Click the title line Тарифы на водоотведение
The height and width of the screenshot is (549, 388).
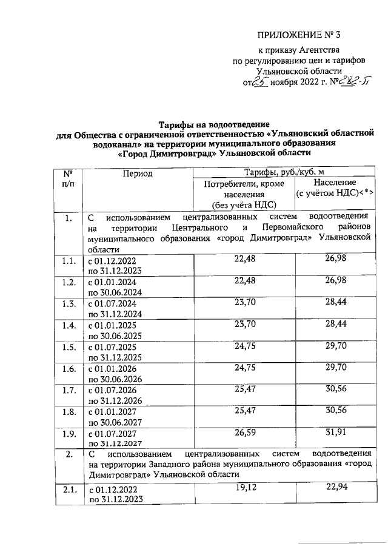[210, 124]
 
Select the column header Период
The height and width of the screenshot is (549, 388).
[136, 173]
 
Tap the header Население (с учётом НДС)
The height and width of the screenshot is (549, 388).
[333, 188]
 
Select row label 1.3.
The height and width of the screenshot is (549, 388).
[68, 303]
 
